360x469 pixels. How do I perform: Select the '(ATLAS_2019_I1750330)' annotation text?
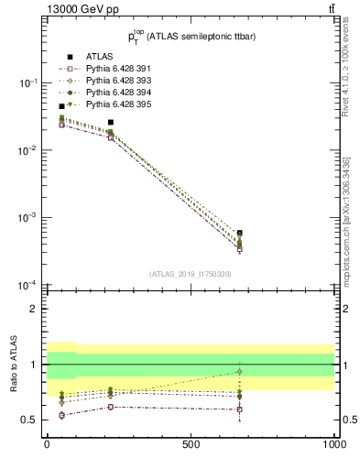[x=190, y=274]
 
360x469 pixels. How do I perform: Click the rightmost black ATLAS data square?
[x=239, y=234]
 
